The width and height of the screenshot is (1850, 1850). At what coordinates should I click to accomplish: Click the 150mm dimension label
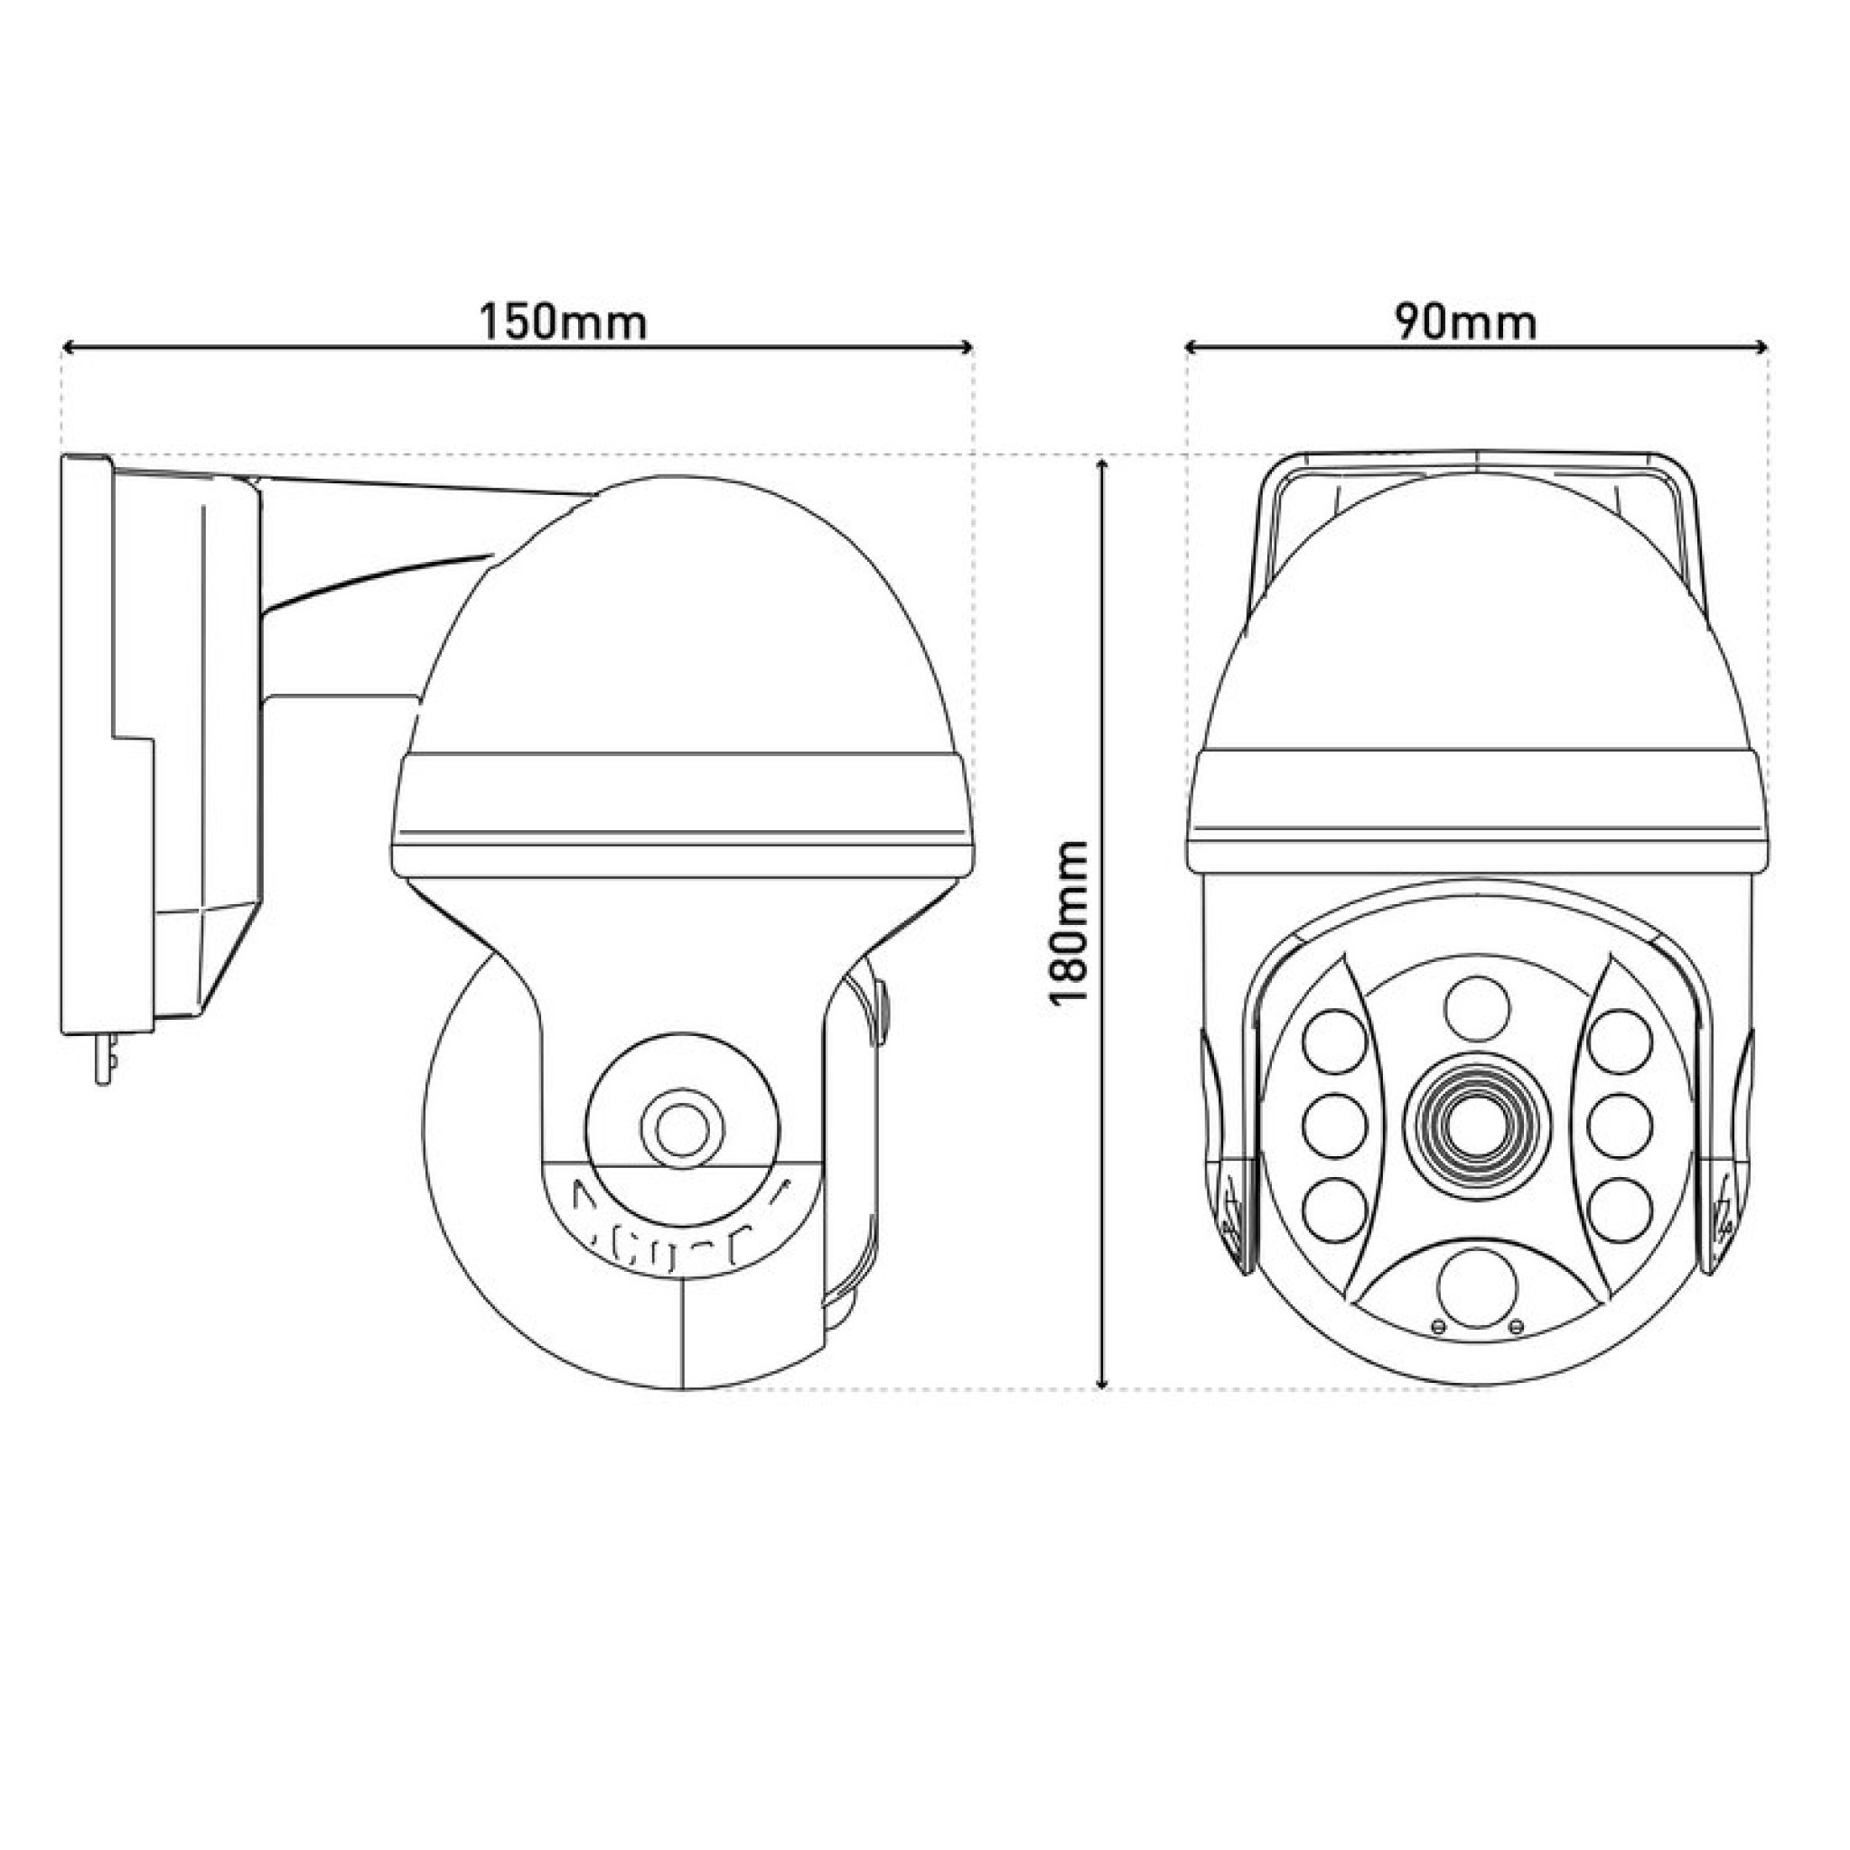point(563,322)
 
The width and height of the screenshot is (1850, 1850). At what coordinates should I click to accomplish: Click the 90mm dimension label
point(1466,322)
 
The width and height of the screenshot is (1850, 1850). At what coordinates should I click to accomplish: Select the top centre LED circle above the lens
point(1477,1008)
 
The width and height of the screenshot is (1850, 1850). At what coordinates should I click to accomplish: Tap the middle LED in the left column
point(1334,1126)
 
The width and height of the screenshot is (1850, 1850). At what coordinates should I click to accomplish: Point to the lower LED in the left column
point(1334,1210)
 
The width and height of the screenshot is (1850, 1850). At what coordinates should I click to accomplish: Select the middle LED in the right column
point(1621,1126)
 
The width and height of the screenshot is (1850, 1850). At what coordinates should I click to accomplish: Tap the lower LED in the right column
point(1621,1210)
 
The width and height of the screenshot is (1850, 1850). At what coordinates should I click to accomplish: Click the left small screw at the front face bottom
point(1437,1325)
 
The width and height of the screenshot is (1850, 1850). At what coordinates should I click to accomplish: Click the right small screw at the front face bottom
point(1515,1325)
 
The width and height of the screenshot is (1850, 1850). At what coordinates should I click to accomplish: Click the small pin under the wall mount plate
point(106,1057)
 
